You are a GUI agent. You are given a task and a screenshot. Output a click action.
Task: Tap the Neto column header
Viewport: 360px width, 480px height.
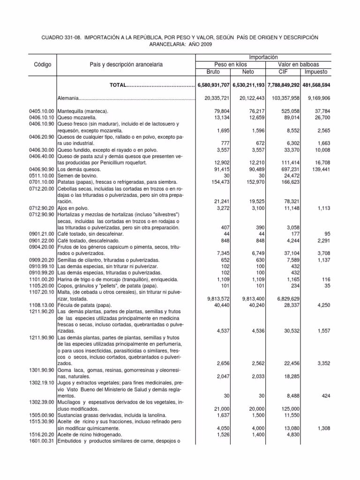point(248,72)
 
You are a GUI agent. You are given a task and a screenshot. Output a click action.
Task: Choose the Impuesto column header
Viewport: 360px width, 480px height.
point(316,72)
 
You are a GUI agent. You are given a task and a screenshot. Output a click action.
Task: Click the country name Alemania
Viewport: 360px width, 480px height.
point(68,98)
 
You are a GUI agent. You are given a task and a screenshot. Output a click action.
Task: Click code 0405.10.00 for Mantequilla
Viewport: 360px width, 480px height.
point(42,111)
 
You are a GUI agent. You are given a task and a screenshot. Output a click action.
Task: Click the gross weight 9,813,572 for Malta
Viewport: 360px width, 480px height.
point(213,299)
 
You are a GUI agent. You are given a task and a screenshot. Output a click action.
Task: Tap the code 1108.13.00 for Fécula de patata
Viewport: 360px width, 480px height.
point(42,305)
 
